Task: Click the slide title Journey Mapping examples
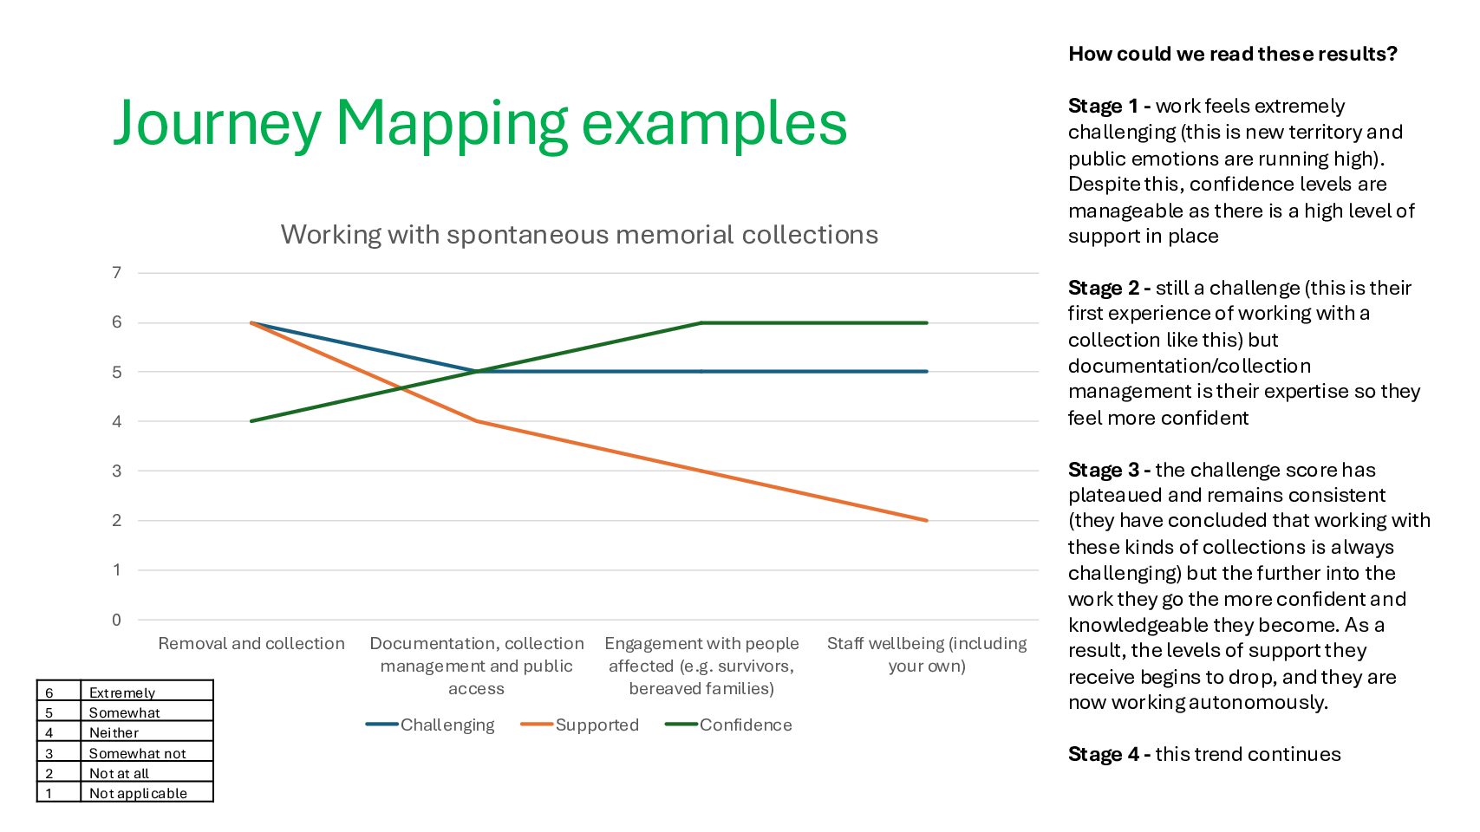point(479,123)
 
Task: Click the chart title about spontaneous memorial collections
point(579,234)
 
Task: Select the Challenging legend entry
point(430,725)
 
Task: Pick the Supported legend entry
point(579,725)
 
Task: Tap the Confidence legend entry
point(728,725)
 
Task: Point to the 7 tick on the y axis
point(117,273)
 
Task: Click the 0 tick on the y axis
point(117,620)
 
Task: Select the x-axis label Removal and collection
point(251,644)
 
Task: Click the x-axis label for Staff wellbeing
point(927,654)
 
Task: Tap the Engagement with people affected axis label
point(701,666)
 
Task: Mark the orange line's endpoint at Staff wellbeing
point(927,520)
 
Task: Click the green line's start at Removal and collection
point(251,421)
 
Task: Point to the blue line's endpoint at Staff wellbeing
point(927,372)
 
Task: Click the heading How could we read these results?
point(1233,54)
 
